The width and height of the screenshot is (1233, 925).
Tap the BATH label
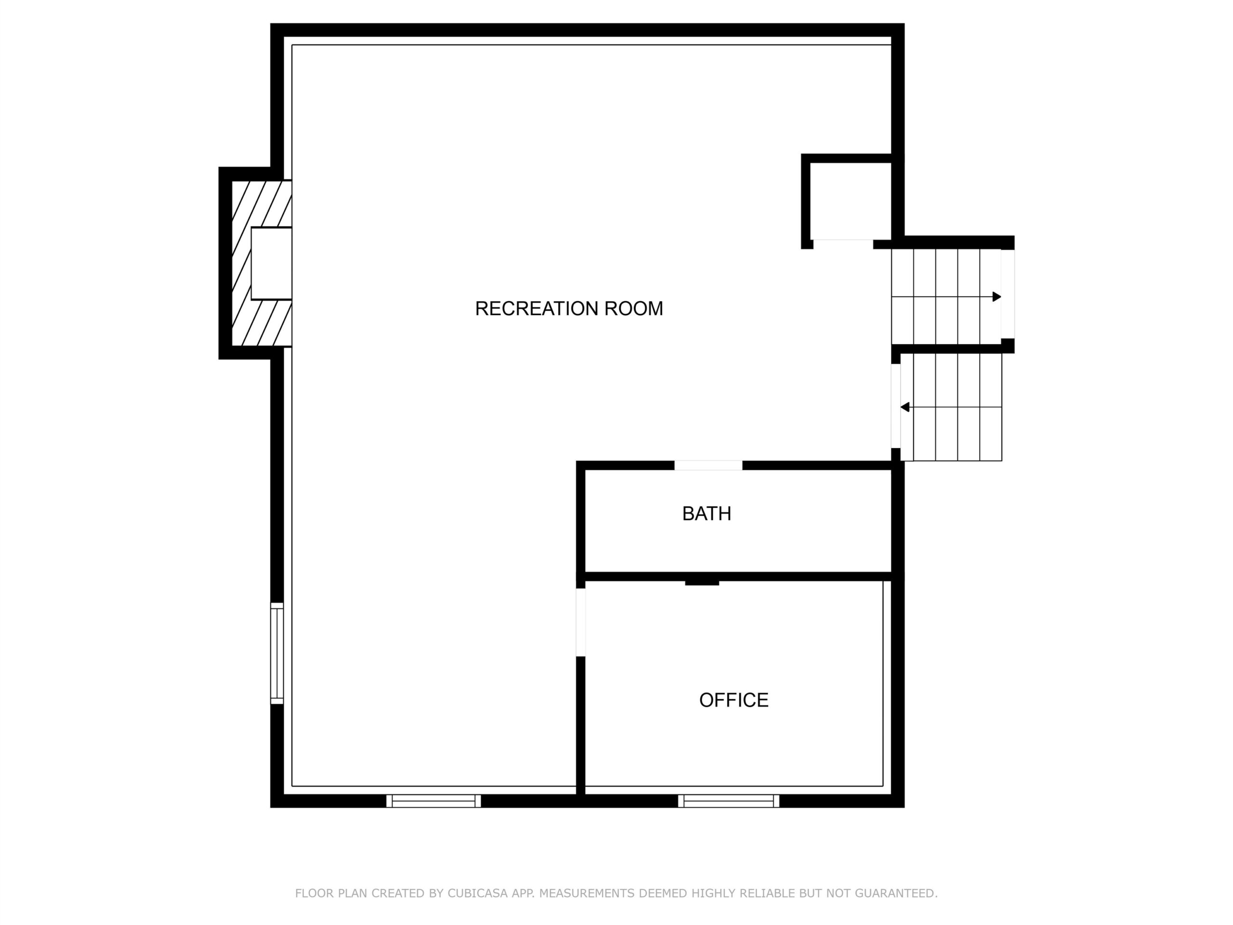point(706,514)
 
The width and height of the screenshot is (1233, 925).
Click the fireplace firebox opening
point(272,263)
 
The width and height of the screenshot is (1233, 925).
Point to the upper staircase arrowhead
point(997,297)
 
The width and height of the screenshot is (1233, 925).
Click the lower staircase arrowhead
point(905,407)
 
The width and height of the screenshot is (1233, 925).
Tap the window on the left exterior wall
point(277,653)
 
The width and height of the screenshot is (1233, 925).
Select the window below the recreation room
point(433,801)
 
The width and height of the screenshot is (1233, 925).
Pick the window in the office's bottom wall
point(729,801)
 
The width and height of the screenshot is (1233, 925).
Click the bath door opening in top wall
point(708,465)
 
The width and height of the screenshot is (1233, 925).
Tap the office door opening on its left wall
point(580,622)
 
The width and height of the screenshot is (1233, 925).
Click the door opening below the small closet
point(843,244)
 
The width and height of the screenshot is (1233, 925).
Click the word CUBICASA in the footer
point(478,893)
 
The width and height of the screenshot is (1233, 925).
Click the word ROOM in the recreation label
point(634,308)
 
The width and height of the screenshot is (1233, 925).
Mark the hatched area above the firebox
point(262,203)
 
